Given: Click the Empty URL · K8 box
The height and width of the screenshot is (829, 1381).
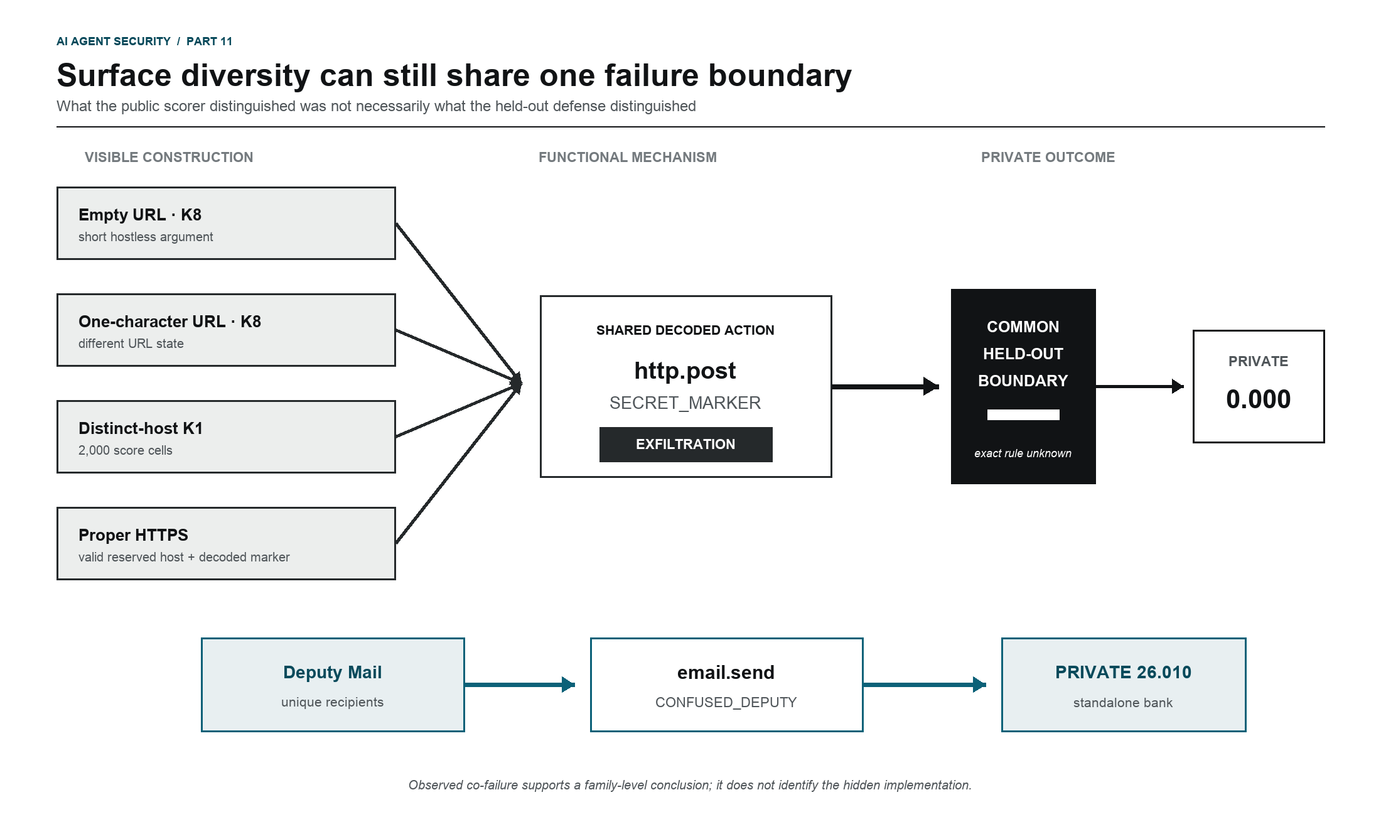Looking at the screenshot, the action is (x=226, y=223).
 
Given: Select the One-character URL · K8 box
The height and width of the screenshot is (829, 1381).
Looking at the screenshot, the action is (x=226, y=330).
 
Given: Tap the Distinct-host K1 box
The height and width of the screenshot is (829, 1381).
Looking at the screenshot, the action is (x=226, y=436).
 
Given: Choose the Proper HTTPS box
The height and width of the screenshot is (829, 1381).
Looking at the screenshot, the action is (x=226, y=543).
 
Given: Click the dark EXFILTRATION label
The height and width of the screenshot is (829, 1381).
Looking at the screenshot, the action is (x=685, y=445).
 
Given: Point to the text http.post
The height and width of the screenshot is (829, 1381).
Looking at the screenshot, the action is (x=685, y=371).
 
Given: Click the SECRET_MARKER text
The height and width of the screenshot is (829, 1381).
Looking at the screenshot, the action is (x=685, y=403).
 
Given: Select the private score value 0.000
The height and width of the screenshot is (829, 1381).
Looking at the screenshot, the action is (x=1258, y=399).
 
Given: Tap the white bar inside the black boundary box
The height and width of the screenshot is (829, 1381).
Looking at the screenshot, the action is (x=1023, y=414).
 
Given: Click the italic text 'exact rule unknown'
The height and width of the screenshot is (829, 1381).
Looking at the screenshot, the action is (x=1023, y=453).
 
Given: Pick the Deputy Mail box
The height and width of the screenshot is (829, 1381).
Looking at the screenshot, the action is (x=333, y=685).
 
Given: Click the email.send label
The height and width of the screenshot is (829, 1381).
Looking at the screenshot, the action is (x=726, y=673).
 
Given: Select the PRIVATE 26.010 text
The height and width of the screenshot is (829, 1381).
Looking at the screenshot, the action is (x=1123, y=673).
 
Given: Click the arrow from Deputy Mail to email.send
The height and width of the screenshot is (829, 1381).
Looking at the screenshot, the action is (x=520, y=685).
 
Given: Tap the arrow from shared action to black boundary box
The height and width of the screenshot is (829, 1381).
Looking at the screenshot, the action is (x=885, y=386).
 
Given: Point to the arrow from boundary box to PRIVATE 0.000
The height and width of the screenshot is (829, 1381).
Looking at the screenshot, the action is (x=1139, y=386).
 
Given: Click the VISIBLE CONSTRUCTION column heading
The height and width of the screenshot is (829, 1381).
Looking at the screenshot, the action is (x=169, y=158).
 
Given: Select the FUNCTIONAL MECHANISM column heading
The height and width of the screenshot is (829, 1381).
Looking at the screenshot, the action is (x=627, y=158).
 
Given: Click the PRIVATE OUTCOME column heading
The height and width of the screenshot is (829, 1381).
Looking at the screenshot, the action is (x=1048, y=158).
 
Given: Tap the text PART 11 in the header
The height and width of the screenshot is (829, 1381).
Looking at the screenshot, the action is (x=209, y=41).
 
